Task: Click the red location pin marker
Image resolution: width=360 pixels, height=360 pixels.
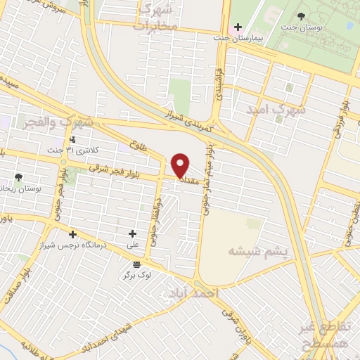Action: tap(181, 165)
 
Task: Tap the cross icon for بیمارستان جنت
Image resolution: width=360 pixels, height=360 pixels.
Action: tap(238, 26)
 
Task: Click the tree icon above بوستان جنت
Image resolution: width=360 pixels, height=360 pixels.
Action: tap(302, 16)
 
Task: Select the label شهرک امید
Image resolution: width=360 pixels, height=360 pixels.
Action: tap(277, 110)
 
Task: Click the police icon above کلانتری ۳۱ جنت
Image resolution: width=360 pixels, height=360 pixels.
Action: tap(72, 139)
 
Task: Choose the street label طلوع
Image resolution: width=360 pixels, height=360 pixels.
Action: tap(139, 146)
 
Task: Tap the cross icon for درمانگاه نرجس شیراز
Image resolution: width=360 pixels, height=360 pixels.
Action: tap(72, 233)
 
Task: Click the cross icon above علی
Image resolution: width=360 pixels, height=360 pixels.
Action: tap(132, 233)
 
